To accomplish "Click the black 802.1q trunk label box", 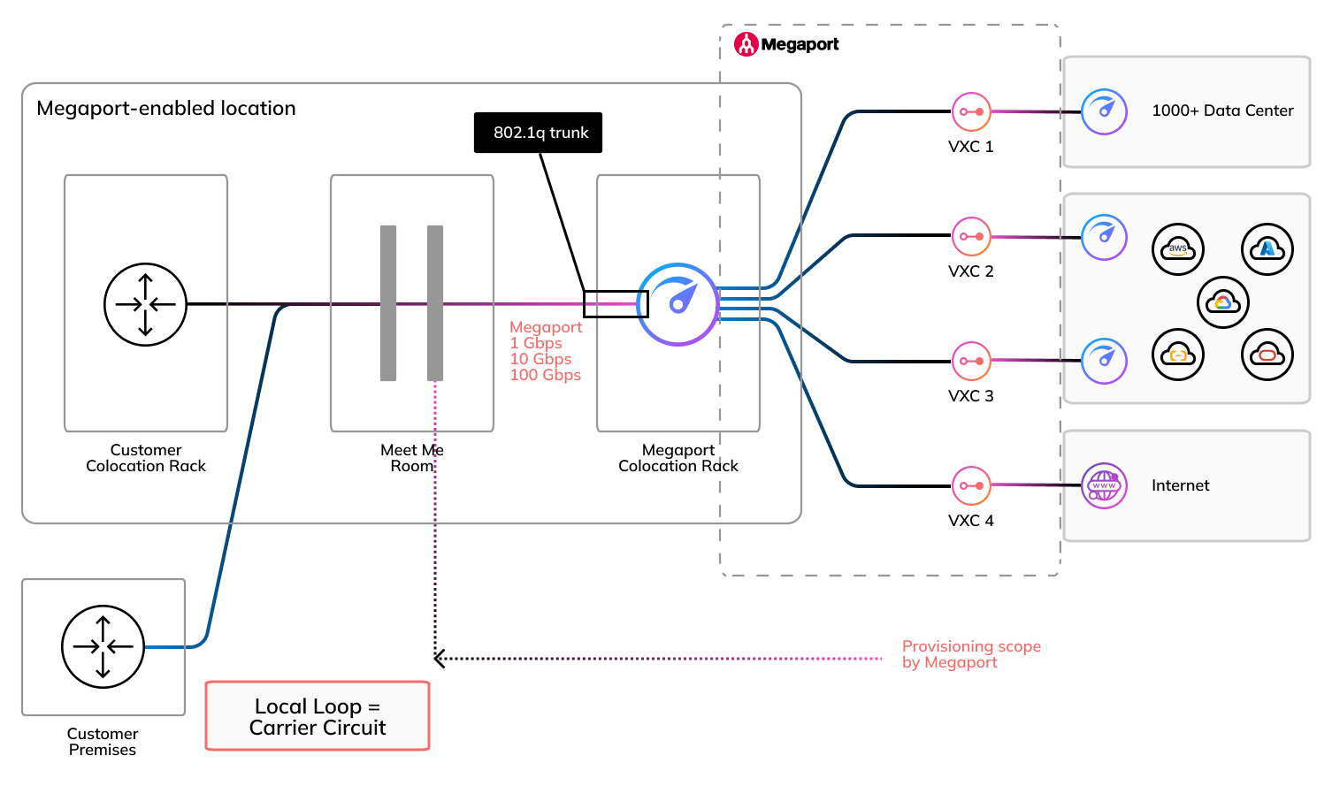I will coord(538,133).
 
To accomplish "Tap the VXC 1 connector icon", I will coord(971,112).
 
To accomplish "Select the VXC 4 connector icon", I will coord(971,485).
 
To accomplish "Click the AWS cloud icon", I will coord(1178,249).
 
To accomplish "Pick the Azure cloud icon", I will coord(1267,249).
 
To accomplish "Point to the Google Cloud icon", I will coord(1223,302).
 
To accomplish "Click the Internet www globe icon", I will coord(1104,485).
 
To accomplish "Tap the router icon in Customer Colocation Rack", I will coord(146,304).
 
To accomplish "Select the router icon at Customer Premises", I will coord(103,646).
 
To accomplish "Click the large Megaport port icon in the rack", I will coord(678,304).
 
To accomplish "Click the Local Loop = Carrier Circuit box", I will coord(318,716).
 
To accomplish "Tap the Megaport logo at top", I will coord(786,44).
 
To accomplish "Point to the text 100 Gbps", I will coord(545,375).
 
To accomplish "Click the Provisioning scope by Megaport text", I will coord(970,654).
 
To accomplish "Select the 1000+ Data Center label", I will coord(1222,111).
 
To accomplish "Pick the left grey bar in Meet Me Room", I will coord(388,302).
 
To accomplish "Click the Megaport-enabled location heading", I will coord(166,108).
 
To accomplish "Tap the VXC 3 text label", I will coord(970,396).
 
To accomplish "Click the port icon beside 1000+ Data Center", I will coord(1104,112).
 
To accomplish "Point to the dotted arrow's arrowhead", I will coord(439,658).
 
